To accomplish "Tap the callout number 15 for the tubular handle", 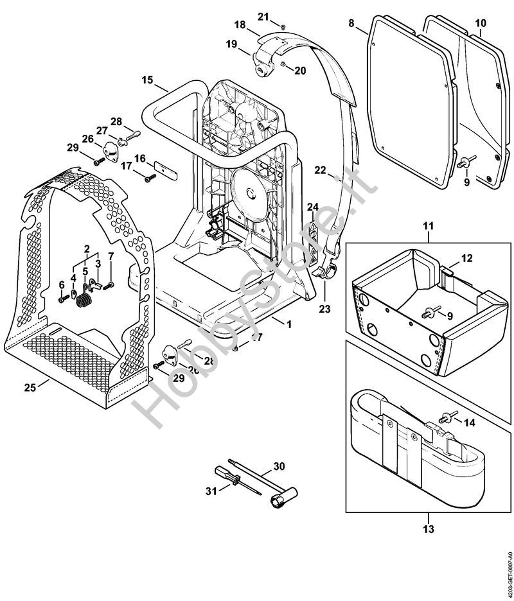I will click(147, 80).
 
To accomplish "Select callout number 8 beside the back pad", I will click(351, 23).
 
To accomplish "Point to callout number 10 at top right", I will click(480, 23).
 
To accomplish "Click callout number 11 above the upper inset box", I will click(429, 226).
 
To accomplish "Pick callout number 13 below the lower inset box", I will click(429, 529).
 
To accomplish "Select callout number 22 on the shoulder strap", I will click(320, 170).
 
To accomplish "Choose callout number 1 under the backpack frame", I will click(288, 325).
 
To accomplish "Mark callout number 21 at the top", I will click(263, 15).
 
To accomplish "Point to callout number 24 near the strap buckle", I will click(312, 207).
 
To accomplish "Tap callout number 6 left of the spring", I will click(62, 285).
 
